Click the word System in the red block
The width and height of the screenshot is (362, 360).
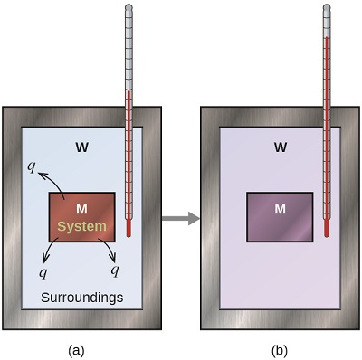[81, 226]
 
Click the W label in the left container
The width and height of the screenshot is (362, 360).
[81, 146]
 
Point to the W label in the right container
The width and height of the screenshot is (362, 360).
[281, 146]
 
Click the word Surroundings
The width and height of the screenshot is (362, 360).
[81, 298]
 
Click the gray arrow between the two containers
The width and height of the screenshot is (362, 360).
[179, 218]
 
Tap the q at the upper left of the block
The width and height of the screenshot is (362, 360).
[32, 166]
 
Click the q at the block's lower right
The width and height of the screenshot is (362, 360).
[115, 270]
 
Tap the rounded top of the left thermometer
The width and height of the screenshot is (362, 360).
[129, 9]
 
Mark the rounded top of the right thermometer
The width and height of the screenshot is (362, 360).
[328, 9]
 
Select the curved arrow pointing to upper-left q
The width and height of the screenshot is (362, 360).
[50, 180]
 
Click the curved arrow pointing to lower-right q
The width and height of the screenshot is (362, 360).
[105, 252]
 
